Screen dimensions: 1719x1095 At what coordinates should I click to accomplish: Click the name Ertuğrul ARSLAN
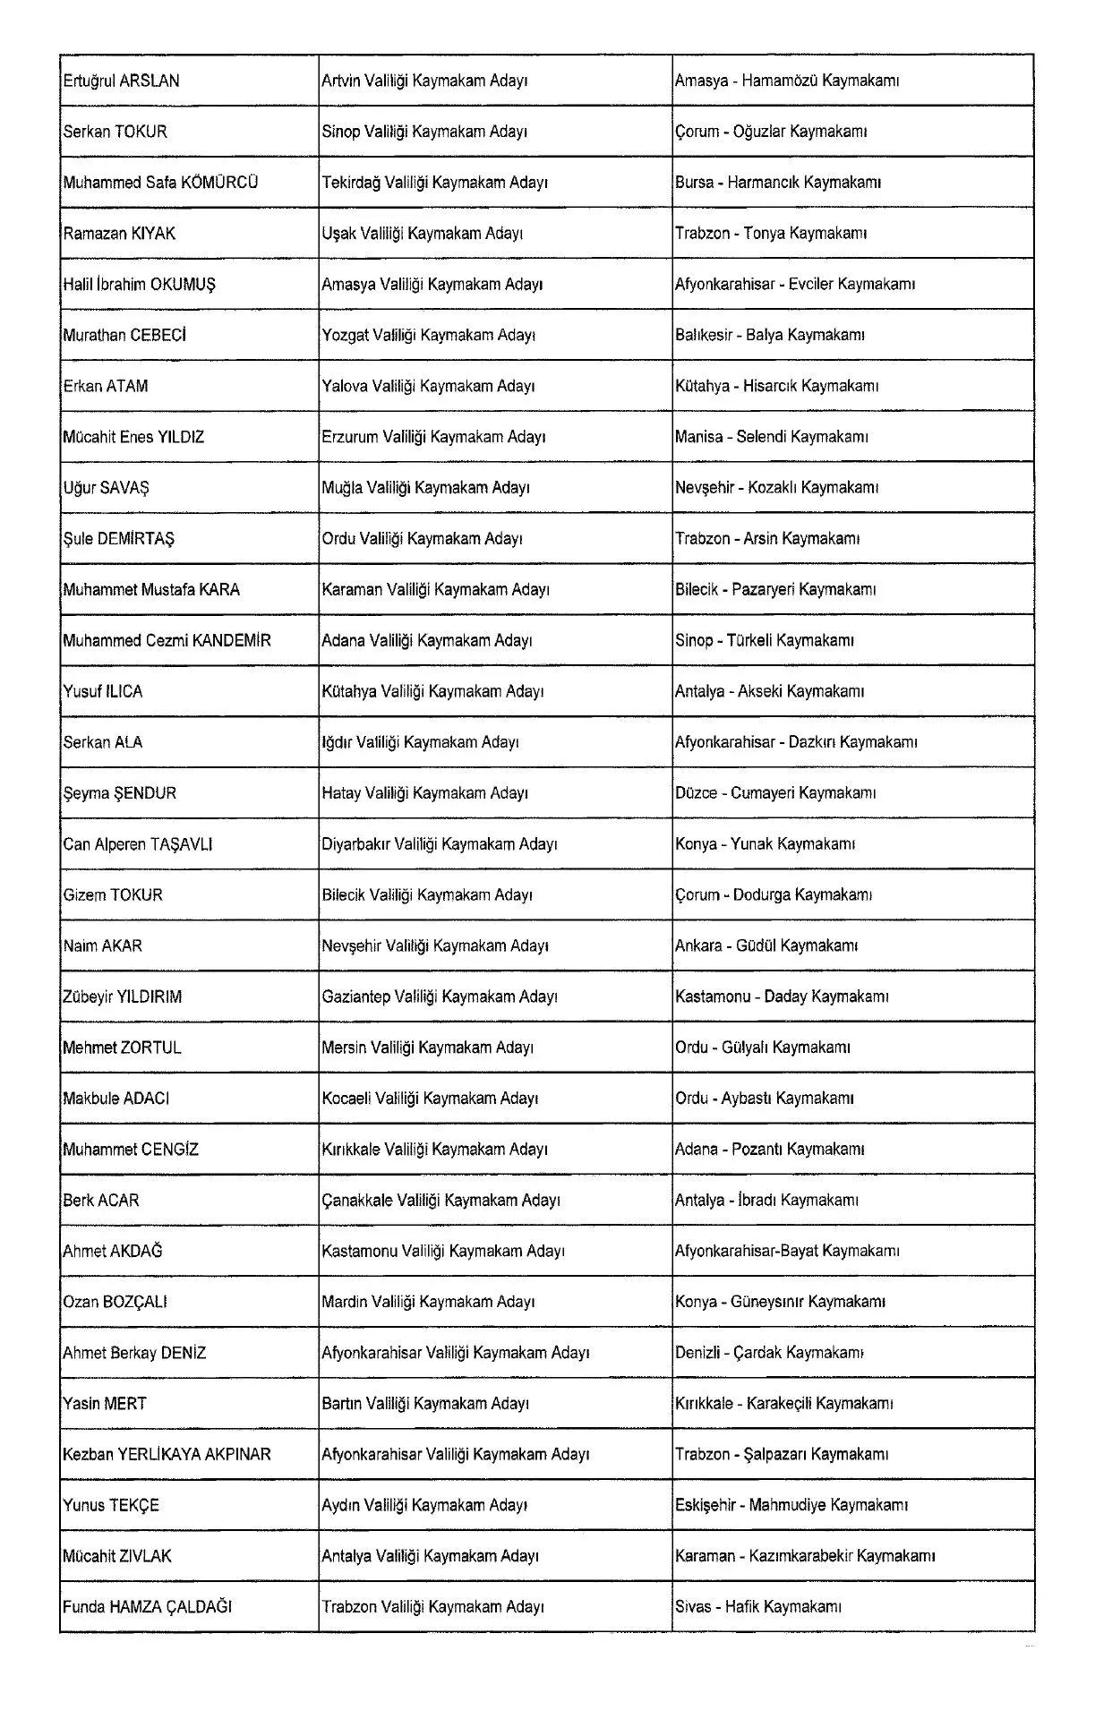pyautogui.click(x=121, y=81)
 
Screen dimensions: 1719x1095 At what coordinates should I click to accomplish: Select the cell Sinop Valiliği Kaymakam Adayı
pyautogui.click(x=424, y=132)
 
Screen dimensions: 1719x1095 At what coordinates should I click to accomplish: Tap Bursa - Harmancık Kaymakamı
pyautogui.click(x=777, y=183)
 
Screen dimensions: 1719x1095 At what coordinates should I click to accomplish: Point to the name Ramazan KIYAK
pyautogui.click(x=119, y=234)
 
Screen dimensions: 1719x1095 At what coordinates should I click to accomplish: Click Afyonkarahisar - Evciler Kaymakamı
pyautogui.click(x=794, y=285)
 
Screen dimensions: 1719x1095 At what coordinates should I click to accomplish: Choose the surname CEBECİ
pyautogui.click(x=158, y=336)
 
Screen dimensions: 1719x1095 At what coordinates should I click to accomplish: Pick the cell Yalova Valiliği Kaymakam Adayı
pyautogui.click(x=428, y=387)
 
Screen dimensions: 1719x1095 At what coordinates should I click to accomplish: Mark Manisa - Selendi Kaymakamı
pyautogui.click(x=771, y=438)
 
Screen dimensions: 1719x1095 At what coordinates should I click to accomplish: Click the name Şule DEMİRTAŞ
pyautogui.click(x=118, y=539)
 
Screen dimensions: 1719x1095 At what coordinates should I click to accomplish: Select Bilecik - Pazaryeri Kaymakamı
pyautogui.click(x=774, y=590)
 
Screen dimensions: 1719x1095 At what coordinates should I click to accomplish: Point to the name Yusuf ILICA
pyautogui.click(x=102, y=692)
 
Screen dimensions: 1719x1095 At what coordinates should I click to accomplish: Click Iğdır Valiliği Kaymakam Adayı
pyautogui.click(x=420, y=742)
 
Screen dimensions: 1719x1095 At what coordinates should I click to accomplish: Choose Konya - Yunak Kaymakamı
pyautogui.click(x=765, y=844)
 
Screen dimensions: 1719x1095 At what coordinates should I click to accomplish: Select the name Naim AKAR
pyautogui.click(x=102, y=946)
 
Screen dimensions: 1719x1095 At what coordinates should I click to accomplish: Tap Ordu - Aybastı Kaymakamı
pyautogui.click(x=764, y=1099)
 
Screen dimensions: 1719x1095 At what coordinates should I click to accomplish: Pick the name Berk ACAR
pyautogui.click(x=100, y=1201)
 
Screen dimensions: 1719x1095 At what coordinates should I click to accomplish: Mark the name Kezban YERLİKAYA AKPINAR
pyautogui.click(x=167, y=1455)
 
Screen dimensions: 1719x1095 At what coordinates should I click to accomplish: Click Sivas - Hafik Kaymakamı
pyautogui.click(x=757, y=1607)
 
